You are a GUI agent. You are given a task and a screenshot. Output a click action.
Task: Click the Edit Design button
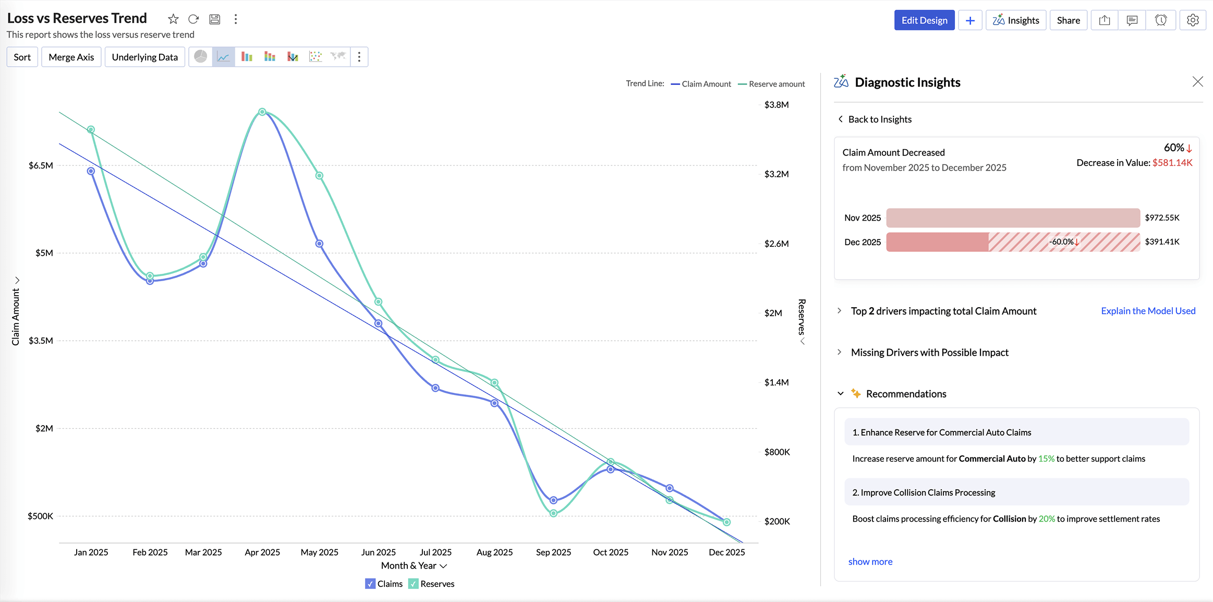pyautogui.click(x=924, y=20)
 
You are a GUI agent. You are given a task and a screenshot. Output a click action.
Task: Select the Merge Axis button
pyautogui.click(x=71, y=57)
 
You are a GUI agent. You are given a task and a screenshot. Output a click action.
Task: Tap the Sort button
pyautogui.click(x=22, y=57)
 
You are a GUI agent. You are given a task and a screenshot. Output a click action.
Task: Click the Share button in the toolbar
pyautogui.click(x=1068, y=20)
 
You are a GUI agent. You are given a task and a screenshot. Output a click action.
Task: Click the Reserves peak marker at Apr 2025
pyautogui.click(x=262, y=112)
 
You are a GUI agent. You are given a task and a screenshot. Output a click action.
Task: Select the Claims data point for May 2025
pyautogui.click(x=319, y=244)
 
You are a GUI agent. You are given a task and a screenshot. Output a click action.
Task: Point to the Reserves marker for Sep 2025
pyautogui.click(x=553, y=513)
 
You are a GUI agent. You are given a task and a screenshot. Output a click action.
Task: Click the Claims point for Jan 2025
pyautogui.click(x=91, y=171)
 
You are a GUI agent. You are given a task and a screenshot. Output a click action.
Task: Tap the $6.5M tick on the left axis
pyautogui.click(x=41, y=165)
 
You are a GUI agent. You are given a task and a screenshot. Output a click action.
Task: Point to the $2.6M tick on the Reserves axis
pyautogui.click(x=776, y=244)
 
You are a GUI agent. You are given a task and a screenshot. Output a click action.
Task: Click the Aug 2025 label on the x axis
pyautogui.click(x=494, y=552)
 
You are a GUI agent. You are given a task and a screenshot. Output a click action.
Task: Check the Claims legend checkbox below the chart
pyautogui.click(x=370, y=584)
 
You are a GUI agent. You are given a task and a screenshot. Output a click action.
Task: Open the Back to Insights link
pyautogui.click(x=879, y=119)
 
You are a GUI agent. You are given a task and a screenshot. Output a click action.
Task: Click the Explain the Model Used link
pyautogui.click(x=1148, y=311)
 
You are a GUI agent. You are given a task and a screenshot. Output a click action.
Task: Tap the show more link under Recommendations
pyautogui.click(x=870, y=562)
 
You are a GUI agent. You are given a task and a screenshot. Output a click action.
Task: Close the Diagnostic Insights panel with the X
pyautogui.click(x=1197, y=82)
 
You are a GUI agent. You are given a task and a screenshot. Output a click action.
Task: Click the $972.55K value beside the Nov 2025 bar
pyautogui.click(x=1161, y=218)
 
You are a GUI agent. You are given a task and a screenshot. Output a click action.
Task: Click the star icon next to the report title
pyautogui.click(x=173, y=19)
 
